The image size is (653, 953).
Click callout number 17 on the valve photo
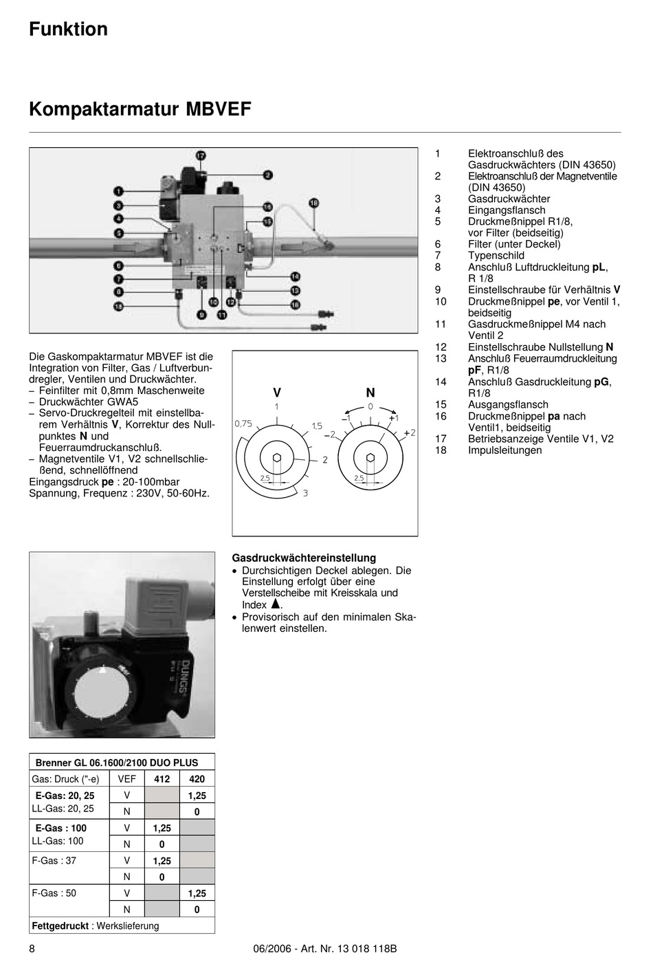(200, 155)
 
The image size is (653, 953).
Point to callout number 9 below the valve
(201, 314)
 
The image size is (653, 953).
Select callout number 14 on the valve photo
(295, 276)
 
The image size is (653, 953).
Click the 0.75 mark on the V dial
(243, 424)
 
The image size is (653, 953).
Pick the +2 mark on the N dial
(410, 432)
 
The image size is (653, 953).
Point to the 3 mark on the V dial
(305, 493)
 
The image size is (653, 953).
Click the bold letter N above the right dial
(370, 393)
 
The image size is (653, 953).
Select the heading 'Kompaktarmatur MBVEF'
(140, 109)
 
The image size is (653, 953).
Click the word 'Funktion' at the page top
(68, 29)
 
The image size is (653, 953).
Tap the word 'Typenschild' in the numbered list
(496, 256)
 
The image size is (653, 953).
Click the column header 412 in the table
(162, 779)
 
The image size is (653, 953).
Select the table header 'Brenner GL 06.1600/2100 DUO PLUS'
(116, 763)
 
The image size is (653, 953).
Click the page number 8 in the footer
(32, 949)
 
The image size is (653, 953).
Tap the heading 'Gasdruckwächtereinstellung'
(304, 558)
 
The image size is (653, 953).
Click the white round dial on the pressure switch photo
(101, 691)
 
